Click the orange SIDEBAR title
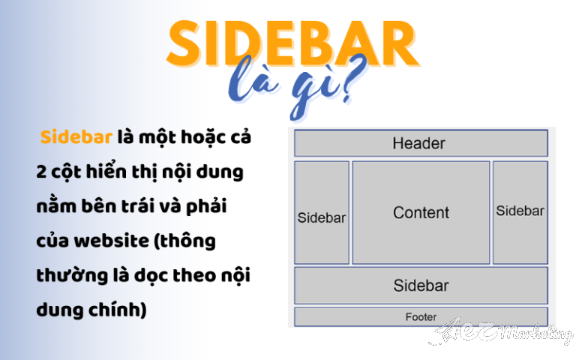tap(292, 46)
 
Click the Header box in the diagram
tap(420, 143)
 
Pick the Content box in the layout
tap(421, 212)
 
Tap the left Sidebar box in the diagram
tap(321, 217)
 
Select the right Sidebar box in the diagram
tap(520, 211)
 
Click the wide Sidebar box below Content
tap(420, 285)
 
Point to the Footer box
tap(420, 317)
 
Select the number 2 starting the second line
tap(41, 172)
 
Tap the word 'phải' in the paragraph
tap(206, 207)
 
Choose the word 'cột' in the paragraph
tap(68, 172)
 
